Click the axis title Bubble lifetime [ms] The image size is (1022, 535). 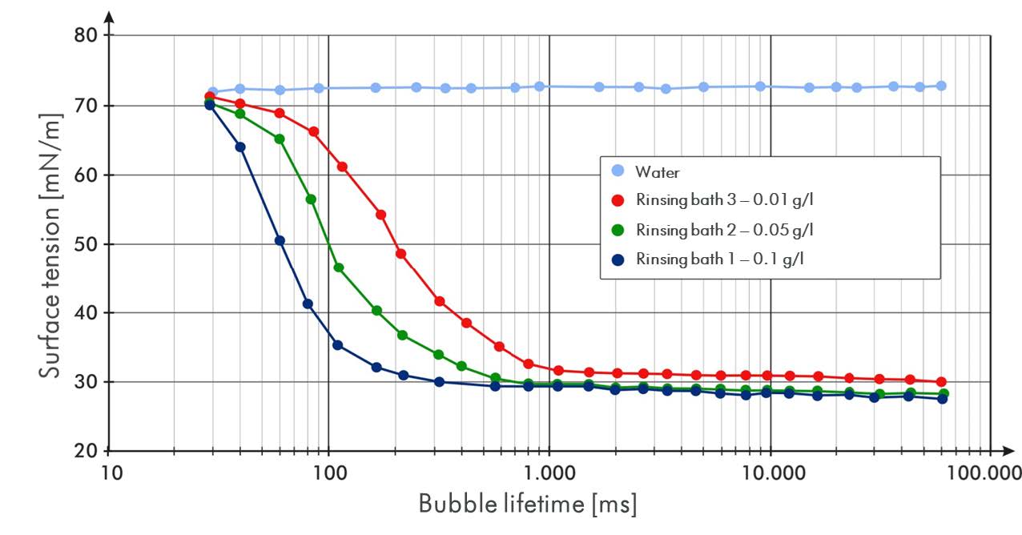[x=528, y=505]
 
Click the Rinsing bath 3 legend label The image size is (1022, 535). [x=724, y=201]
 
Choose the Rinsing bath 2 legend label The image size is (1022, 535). [x=724, y=230]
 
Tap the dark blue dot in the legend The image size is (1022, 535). [x=618, y=259]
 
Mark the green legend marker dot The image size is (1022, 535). [x=618, y=230]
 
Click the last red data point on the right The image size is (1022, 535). [x=941, y=382]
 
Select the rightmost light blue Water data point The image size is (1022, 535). [x=941, y=86]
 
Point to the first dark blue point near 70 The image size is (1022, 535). [x=210, y=105]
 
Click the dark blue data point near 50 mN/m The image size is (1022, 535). [x=280, y=240]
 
